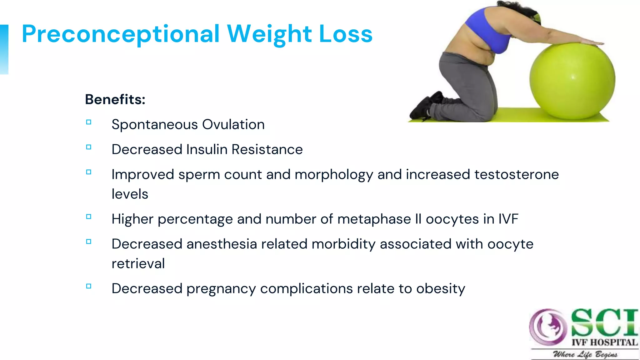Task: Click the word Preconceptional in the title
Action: [x=121, y=34]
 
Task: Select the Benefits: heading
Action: [x=115, y=99]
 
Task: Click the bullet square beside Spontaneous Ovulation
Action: [x=89, y=122]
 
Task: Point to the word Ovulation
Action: [x=233, y=124]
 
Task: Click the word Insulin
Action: [x=207, y=149]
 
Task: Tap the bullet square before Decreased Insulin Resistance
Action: [x=89, y=147]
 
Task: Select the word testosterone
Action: [x=517, y=174]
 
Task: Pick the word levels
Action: [x=130, y=194]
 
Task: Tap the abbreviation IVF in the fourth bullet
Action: [x=508, y=219]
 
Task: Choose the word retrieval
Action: [x=138, y=264]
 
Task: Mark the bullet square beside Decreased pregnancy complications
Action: [x=89, y=286]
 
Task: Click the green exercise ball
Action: [x=572, y=81]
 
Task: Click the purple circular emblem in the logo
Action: [x=548, y=327]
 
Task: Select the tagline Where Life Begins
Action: [x=585, y=354]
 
